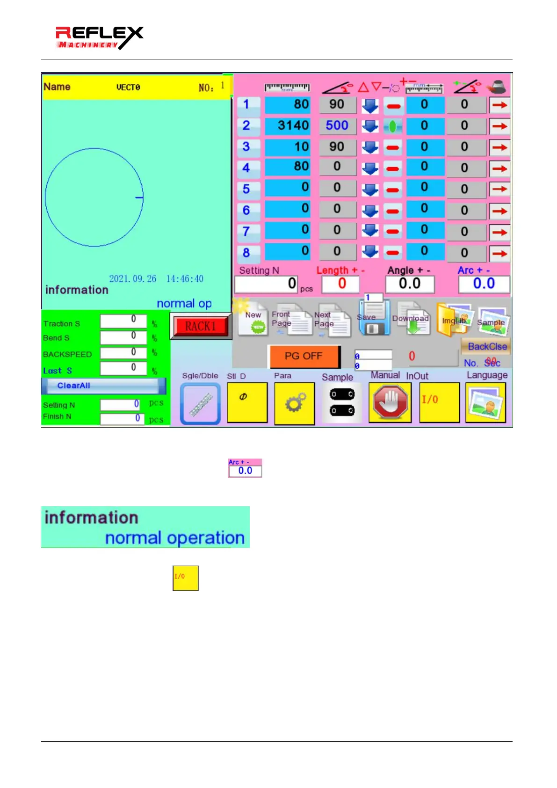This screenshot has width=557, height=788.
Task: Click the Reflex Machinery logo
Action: tap(99, 38)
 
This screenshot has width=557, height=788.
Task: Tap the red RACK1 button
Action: tap(201, 326)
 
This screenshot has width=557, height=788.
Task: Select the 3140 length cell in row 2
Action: tap(287, 125)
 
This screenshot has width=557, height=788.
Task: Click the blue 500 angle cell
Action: tap(337, 125)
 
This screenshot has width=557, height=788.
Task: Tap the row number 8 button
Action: tap(246, 253)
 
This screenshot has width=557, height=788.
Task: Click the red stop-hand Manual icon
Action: tap(390, 402)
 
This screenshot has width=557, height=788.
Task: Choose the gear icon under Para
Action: tap(295, 402)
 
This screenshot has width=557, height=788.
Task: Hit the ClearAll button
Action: tap(103, 386)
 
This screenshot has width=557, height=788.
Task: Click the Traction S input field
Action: tap(123, 321)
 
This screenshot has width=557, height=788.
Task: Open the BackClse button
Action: tap(486, 347)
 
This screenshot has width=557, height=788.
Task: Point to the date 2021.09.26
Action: tap(133, 279)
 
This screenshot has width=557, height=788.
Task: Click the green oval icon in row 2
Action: tap(393, 126)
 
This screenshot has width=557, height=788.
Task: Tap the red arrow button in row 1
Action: tap(499, 105)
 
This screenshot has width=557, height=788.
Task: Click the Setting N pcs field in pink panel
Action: tap(266, 284)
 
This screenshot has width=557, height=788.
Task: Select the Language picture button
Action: tap(486, 402)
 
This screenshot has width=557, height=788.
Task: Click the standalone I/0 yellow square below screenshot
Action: tap(186, 578)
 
